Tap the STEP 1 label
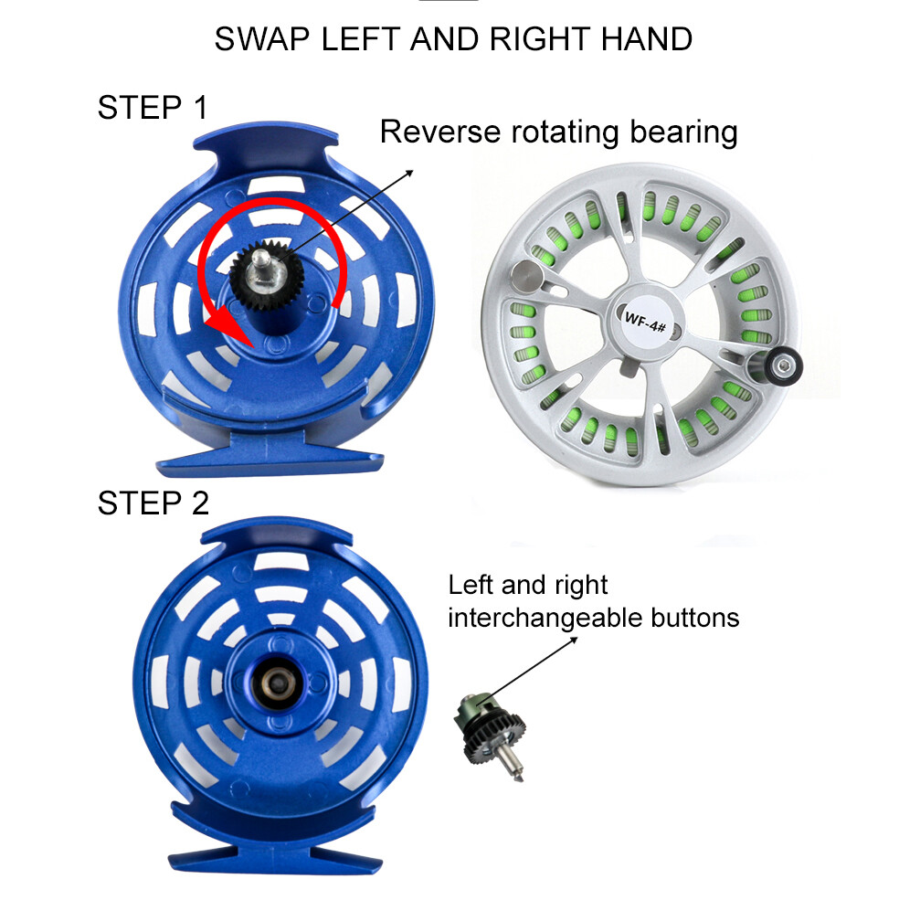(153, 108)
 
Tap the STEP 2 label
(153, 503)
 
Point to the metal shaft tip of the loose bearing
(516, 776)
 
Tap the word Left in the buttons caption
(469, 585)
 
